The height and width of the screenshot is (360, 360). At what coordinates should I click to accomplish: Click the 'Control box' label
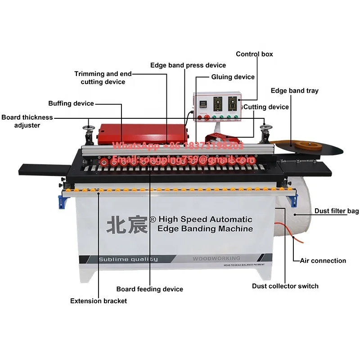[x=254, y=54]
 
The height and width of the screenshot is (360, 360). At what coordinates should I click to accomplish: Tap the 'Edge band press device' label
[x=188, y=65]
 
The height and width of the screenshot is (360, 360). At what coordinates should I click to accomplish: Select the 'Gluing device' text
[x=233, y=77]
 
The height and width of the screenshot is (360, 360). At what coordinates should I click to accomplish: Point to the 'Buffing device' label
[x=71, y=103]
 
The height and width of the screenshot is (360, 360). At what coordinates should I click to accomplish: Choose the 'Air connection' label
[x=323, y=261]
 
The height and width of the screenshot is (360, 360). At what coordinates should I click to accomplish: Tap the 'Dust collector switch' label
[x=285, y=286]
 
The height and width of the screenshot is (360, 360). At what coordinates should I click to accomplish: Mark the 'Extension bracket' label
[x=99, y=301]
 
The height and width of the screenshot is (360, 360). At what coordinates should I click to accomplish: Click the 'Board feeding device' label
[x=150, y=289]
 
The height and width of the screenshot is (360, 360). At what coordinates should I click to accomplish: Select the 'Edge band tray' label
[x=294, y=90]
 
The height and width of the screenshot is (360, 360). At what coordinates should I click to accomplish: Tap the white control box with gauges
[x=216, y=105]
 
